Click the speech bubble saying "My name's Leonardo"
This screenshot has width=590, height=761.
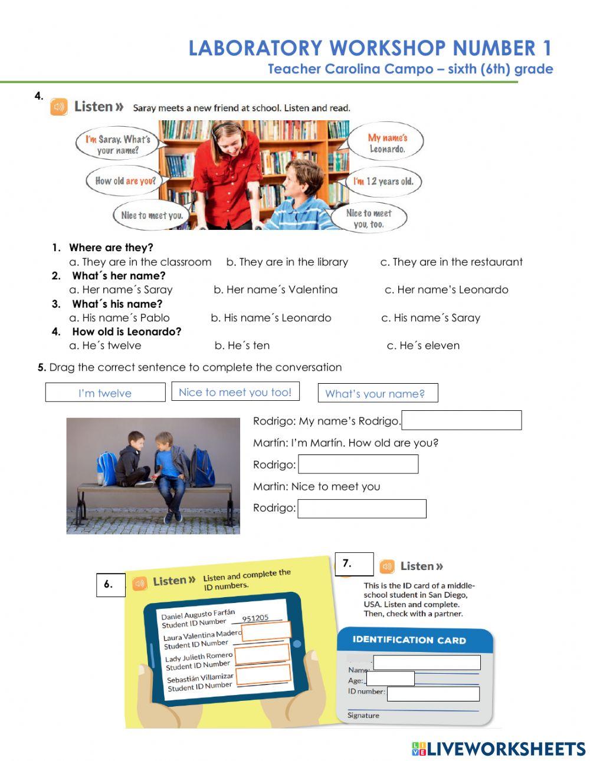tap(386, 143)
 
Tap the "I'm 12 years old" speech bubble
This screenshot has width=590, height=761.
tap(383, 182)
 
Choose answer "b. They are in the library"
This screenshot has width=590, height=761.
tap(287, 262)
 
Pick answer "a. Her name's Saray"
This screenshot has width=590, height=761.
tap(121, 289)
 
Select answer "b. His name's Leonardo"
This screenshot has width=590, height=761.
tap(271, 318)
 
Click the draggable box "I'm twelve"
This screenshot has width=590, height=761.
tap(105, 393)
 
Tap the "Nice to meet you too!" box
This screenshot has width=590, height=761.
tap(235, 392)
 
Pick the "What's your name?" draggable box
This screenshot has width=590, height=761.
tap(378, 393)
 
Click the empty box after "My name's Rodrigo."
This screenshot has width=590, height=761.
tap(461, 420)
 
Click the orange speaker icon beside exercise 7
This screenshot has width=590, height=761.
tap(387, 566)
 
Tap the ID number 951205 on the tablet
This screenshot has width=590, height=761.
tap(255, 618)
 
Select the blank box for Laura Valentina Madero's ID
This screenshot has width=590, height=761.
tap(266, 631)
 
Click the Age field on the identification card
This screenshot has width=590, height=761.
tap(390, 678)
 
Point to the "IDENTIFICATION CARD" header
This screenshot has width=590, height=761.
tap(409, 640)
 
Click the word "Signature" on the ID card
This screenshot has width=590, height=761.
tap(363, 716)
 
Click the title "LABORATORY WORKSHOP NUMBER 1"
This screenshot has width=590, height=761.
tap(371, 48)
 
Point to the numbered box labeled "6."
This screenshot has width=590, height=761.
tap(110, 585)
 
